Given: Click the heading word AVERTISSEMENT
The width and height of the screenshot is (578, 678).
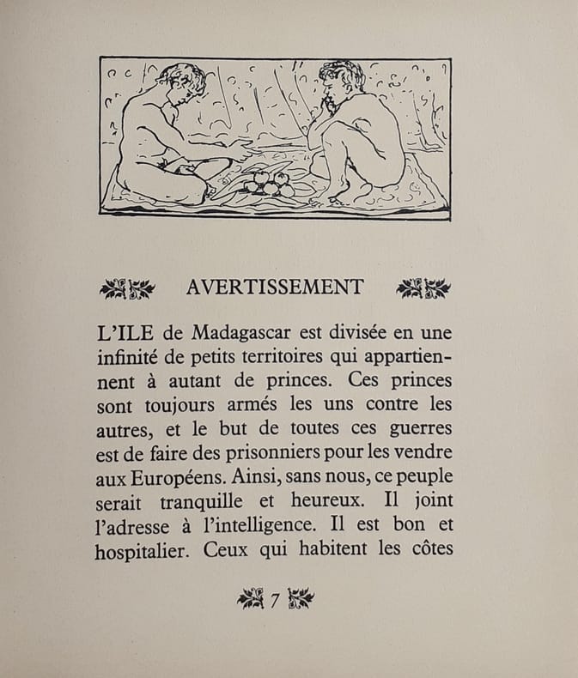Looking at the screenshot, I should pyautogui.click(x=275, y=288).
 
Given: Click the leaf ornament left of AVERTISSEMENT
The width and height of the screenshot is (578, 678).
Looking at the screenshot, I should pyautogui.click(x=127, y=288).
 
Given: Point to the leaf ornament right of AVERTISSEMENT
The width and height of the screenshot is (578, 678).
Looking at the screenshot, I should pyautogui.click(x=423, y=288).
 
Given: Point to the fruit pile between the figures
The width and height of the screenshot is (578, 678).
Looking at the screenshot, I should pyautogui.click(x=267, y=183).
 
